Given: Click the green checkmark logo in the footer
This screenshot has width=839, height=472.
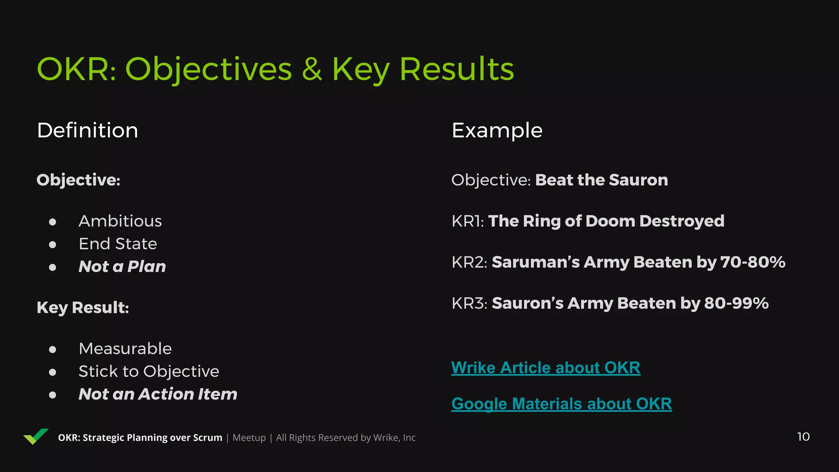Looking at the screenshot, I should pyautogui.click(x=36, y=436).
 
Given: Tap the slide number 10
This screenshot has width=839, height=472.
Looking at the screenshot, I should pyautogui.click(x=803, y=437).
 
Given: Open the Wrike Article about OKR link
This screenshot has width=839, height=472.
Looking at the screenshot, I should pyautogui.click(x=545, y=368).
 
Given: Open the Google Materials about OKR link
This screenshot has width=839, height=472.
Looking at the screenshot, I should pyautogui.click(x=561, y=404).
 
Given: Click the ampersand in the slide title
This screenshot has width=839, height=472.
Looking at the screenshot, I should pyautogui.click(x=312, y=69).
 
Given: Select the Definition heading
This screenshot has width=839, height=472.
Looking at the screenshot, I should pyautogui.click(x=87, y=130).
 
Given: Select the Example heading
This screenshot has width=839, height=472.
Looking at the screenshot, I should pyautogui.click(x=497, y=130).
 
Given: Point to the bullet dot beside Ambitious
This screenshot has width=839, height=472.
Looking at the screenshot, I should pyautogui.click(x=52, y=222).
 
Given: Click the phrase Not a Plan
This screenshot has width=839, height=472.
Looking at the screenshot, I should pyautogui.click(x=122, y=267).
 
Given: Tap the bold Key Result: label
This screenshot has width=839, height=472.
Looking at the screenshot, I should pyautogui.click(x=83, y=308).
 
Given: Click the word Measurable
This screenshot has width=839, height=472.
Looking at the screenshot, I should pyautogui.click(x=125, y=349).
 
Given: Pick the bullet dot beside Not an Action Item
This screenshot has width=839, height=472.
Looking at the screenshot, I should pyautogui.click(x=52, y=395).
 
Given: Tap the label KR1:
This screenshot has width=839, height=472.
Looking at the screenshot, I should pyautogui.click(x=467, y=221).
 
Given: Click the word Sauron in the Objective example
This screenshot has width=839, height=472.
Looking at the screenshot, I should pyautogui.click(x=638, y=180).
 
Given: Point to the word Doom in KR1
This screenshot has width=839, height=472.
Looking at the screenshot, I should pyautogui.click(x=610, y=221).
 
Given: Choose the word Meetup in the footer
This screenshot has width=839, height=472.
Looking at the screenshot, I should pyautogui.click(x=249, y=438).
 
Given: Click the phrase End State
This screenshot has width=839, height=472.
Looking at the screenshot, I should pyautogui.click(x=118, y=244).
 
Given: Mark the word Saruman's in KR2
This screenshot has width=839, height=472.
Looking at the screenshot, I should pyautogui.click(x=535, y=262).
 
